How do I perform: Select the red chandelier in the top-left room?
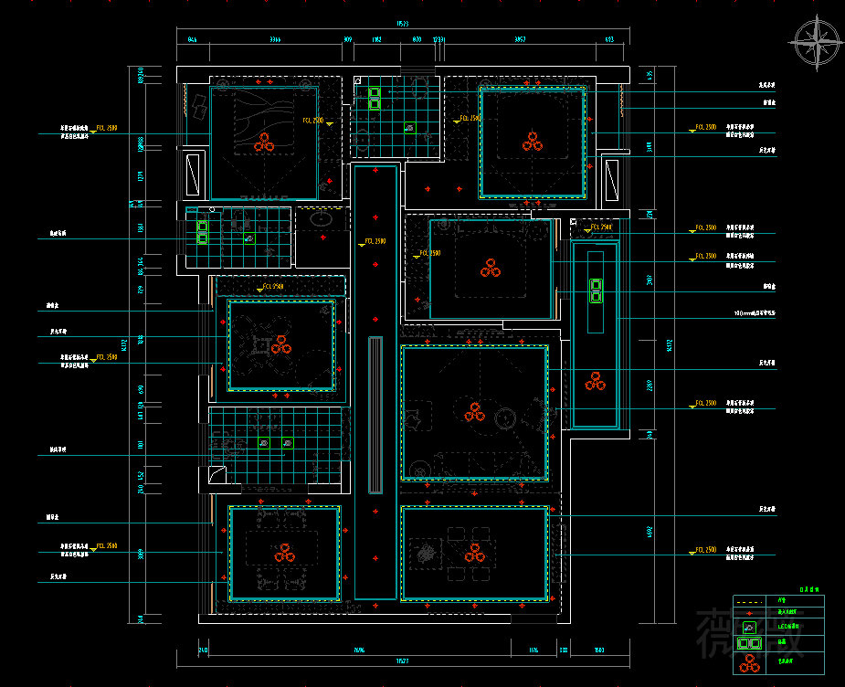tap(264, 142)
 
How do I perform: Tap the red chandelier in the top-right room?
tap(533, 141)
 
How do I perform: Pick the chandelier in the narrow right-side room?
tap(596, 381)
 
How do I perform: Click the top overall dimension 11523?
tap(402, 24)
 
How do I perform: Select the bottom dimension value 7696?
tap(359, 650)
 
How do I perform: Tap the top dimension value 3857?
tap(520, 40)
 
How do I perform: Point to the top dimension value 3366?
tap(274, 40)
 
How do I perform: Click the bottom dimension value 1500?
tap(598, 650)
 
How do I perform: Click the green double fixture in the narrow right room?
tap(596, 291)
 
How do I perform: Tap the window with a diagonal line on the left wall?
tap(194, 174)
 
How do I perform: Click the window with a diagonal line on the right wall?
tap(611, 179)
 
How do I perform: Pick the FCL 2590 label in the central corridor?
tap(375, 241)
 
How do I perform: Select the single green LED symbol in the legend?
tap(750, 628)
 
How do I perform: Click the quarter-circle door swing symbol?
tap(217, 474)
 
